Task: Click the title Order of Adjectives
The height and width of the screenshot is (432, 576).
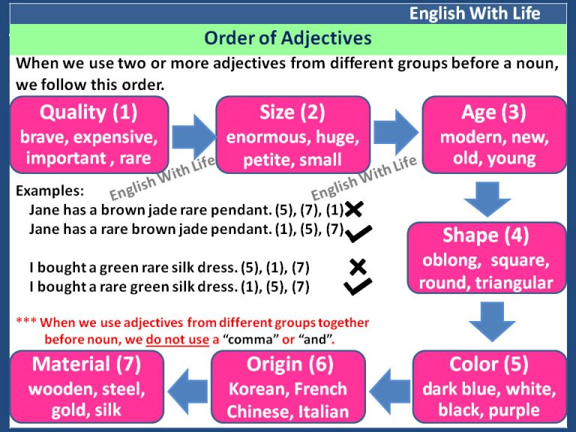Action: (x=288, y=38)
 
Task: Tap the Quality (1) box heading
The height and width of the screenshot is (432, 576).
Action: (x=88, y=112)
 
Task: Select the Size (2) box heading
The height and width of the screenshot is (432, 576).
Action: (x=292, y=112)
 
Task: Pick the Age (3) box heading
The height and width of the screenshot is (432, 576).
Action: (x=493, y=112)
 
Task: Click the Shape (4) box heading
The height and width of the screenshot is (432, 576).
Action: (x=486, y=235)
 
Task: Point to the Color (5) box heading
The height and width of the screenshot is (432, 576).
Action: (x=488, y=364)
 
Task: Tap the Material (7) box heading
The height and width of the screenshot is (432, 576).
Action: (x=86, y=364)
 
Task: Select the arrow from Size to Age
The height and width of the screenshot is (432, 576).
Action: (x=394, y=129)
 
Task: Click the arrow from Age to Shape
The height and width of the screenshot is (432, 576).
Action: (x=487, y=199)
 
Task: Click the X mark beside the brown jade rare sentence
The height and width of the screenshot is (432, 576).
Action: (x=353, y=210)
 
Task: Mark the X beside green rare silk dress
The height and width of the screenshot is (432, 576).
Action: (x=358, y=267)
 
